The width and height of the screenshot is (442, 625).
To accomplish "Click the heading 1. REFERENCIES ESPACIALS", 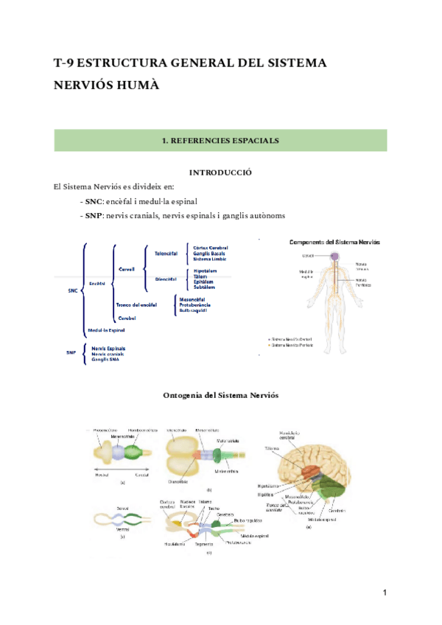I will tap(220, 139).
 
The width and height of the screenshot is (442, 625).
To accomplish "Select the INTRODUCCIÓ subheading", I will tap(220, 172).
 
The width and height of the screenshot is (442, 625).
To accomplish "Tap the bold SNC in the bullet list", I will tap(94, 200).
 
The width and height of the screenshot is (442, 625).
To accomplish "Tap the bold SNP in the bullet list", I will tap(94, 215).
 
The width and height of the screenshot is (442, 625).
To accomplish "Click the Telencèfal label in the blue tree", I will tap(166, 253).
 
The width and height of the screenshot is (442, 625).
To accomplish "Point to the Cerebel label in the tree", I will tap(127, 318).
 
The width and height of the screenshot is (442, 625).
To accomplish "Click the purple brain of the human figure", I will tap(334, 256).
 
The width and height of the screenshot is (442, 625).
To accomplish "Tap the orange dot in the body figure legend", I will tap(269, 345).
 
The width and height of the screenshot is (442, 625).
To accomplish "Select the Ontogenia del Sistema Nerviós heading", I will tap(220, 395).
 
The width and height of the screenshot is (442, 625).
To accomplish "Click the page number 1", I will tap(385, 593).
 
